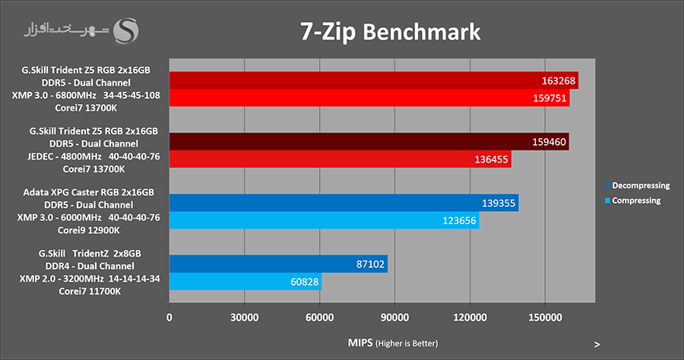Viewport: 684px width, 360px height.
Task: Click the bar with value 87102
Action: [278, 264]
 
